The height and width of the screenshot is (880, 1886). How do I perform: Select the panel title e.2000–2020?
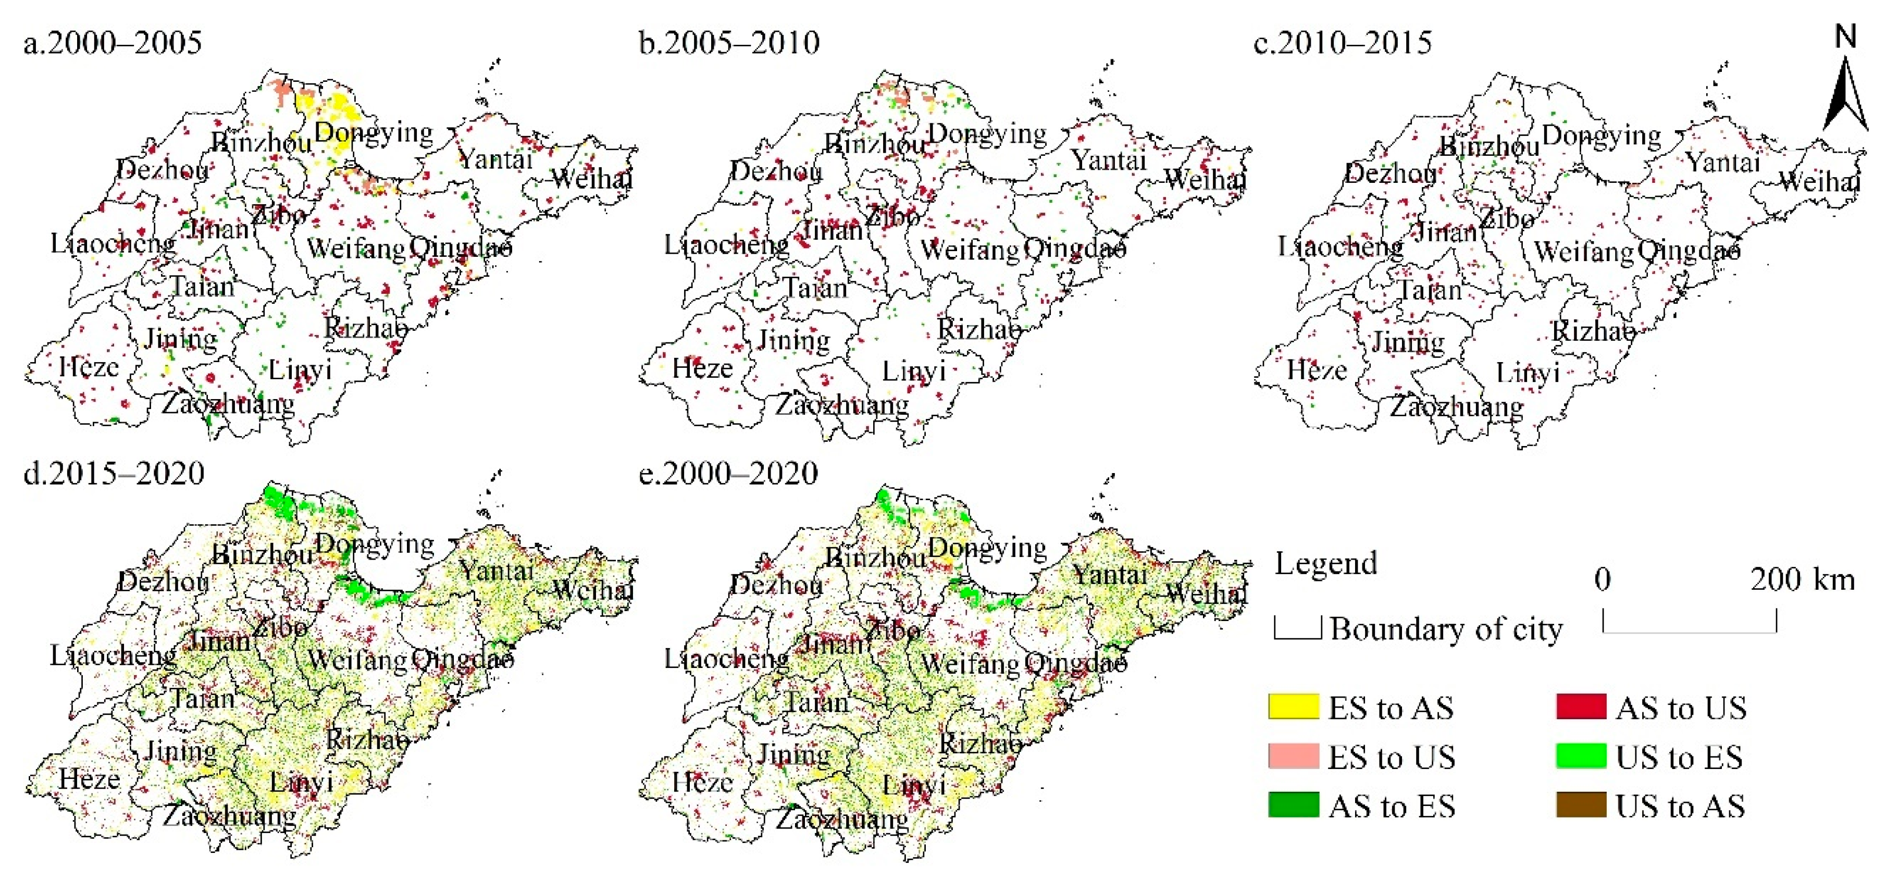tap(728, 474)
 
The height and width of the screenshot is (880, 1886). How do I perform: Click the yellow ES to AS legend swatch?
tap(1294, 707)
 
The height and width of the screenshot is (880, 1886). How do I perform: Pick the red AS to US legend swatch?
tap(1581, 707)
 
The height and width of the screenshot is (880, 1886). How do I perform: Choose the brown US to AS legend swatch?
tap(1581, 804)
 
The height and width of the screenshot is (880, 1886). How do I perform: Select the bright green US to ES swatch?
tap(1581, 755)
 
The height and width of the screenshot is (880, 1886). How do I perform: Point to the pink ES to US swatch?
tap(1294, 755)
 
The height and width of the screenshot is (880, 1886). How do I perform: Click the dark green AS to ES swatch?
tap(1294, 804)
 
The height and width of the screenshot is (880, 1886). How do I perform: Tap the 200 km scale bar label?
tap(1803, 580)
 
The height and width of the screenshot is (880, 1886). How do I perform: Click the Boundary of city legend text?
tap(1445, 629)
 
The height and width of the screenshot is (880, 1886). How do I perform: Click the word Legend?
tap(1325, 563)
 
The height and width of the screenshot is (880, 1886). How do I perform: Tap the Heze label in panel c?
tap(1317, 370)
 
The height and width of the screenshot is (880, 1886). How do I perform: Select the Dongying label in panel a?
tap(374, 132)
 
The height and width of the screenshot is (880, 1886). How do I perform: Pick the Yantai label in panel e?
tap(1109, 575)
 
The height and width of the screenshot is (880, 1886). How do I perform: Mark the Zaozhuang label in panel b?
tap(842, 405)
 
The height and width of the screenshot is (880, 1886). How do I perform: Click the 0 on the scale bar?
tap(1602, 580)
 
